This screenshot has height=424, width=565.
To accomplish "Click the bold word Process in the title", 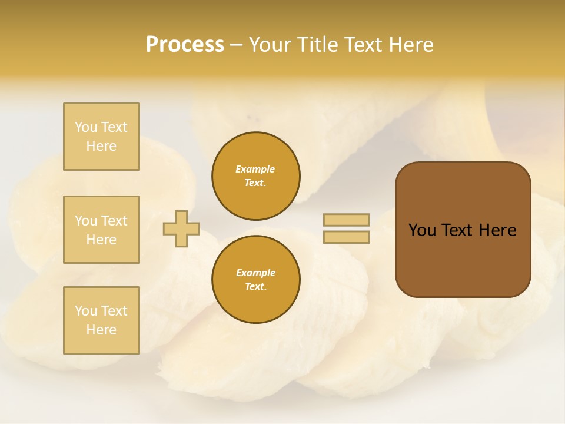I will pos(185,45).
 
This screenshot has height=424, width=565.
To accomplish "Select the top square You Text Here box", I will pos(101,137).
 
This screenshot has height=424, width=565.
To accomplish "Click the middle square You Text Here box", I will pos(101,230).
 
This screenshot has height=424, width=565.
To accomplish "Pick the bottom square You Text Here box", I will pos(101,320).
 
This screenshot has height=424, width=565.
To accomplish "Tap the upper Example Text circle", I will pos(255,176).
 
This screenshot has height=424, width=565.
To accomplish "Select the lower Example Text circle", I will pos(255,280).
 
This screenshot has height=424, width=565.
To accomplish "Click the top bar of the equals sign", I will pos(346,220).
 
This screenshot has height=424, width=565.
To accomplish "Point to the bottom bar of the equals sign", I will pos(346,237).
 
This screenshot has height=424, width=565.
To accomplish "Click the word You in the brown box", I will pos(422,230).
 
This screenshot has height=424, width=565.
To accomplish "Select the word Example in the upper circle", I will pos(255,169).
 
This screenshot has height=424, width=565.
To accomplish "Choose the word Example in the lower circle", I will pos(255,273).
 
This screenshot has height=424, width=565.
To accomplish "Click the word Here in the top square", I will pos(101,146).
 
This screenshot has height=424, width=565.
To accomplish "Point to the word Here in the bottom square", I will pos(101,330).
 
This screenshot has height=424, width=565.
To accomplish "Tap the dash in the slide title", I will pos(237,45).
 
